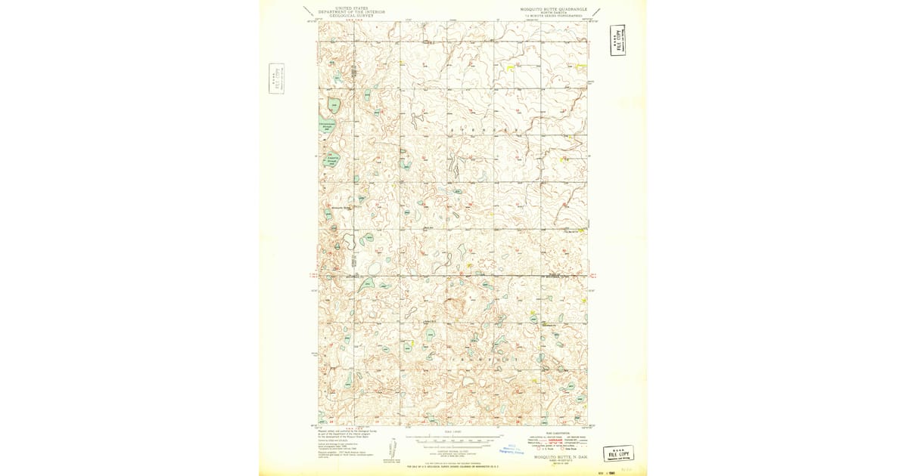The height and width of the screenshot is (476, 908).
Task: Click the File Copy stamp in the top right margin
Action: [618, 40]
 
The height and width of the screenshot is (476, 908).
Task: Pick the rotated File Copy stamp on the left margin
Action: [276, 79]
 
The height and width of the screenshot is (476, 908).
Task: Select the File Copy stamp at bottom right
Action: [618, 453]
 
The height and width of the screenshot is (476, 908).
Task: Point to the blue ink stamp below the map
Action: [515, 450]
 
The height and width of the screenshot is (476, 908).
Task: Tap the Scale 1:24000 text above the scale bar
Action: [452, 432]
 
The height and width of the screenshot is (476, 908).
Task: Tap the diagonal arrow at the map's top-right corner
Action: [598, 11]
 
